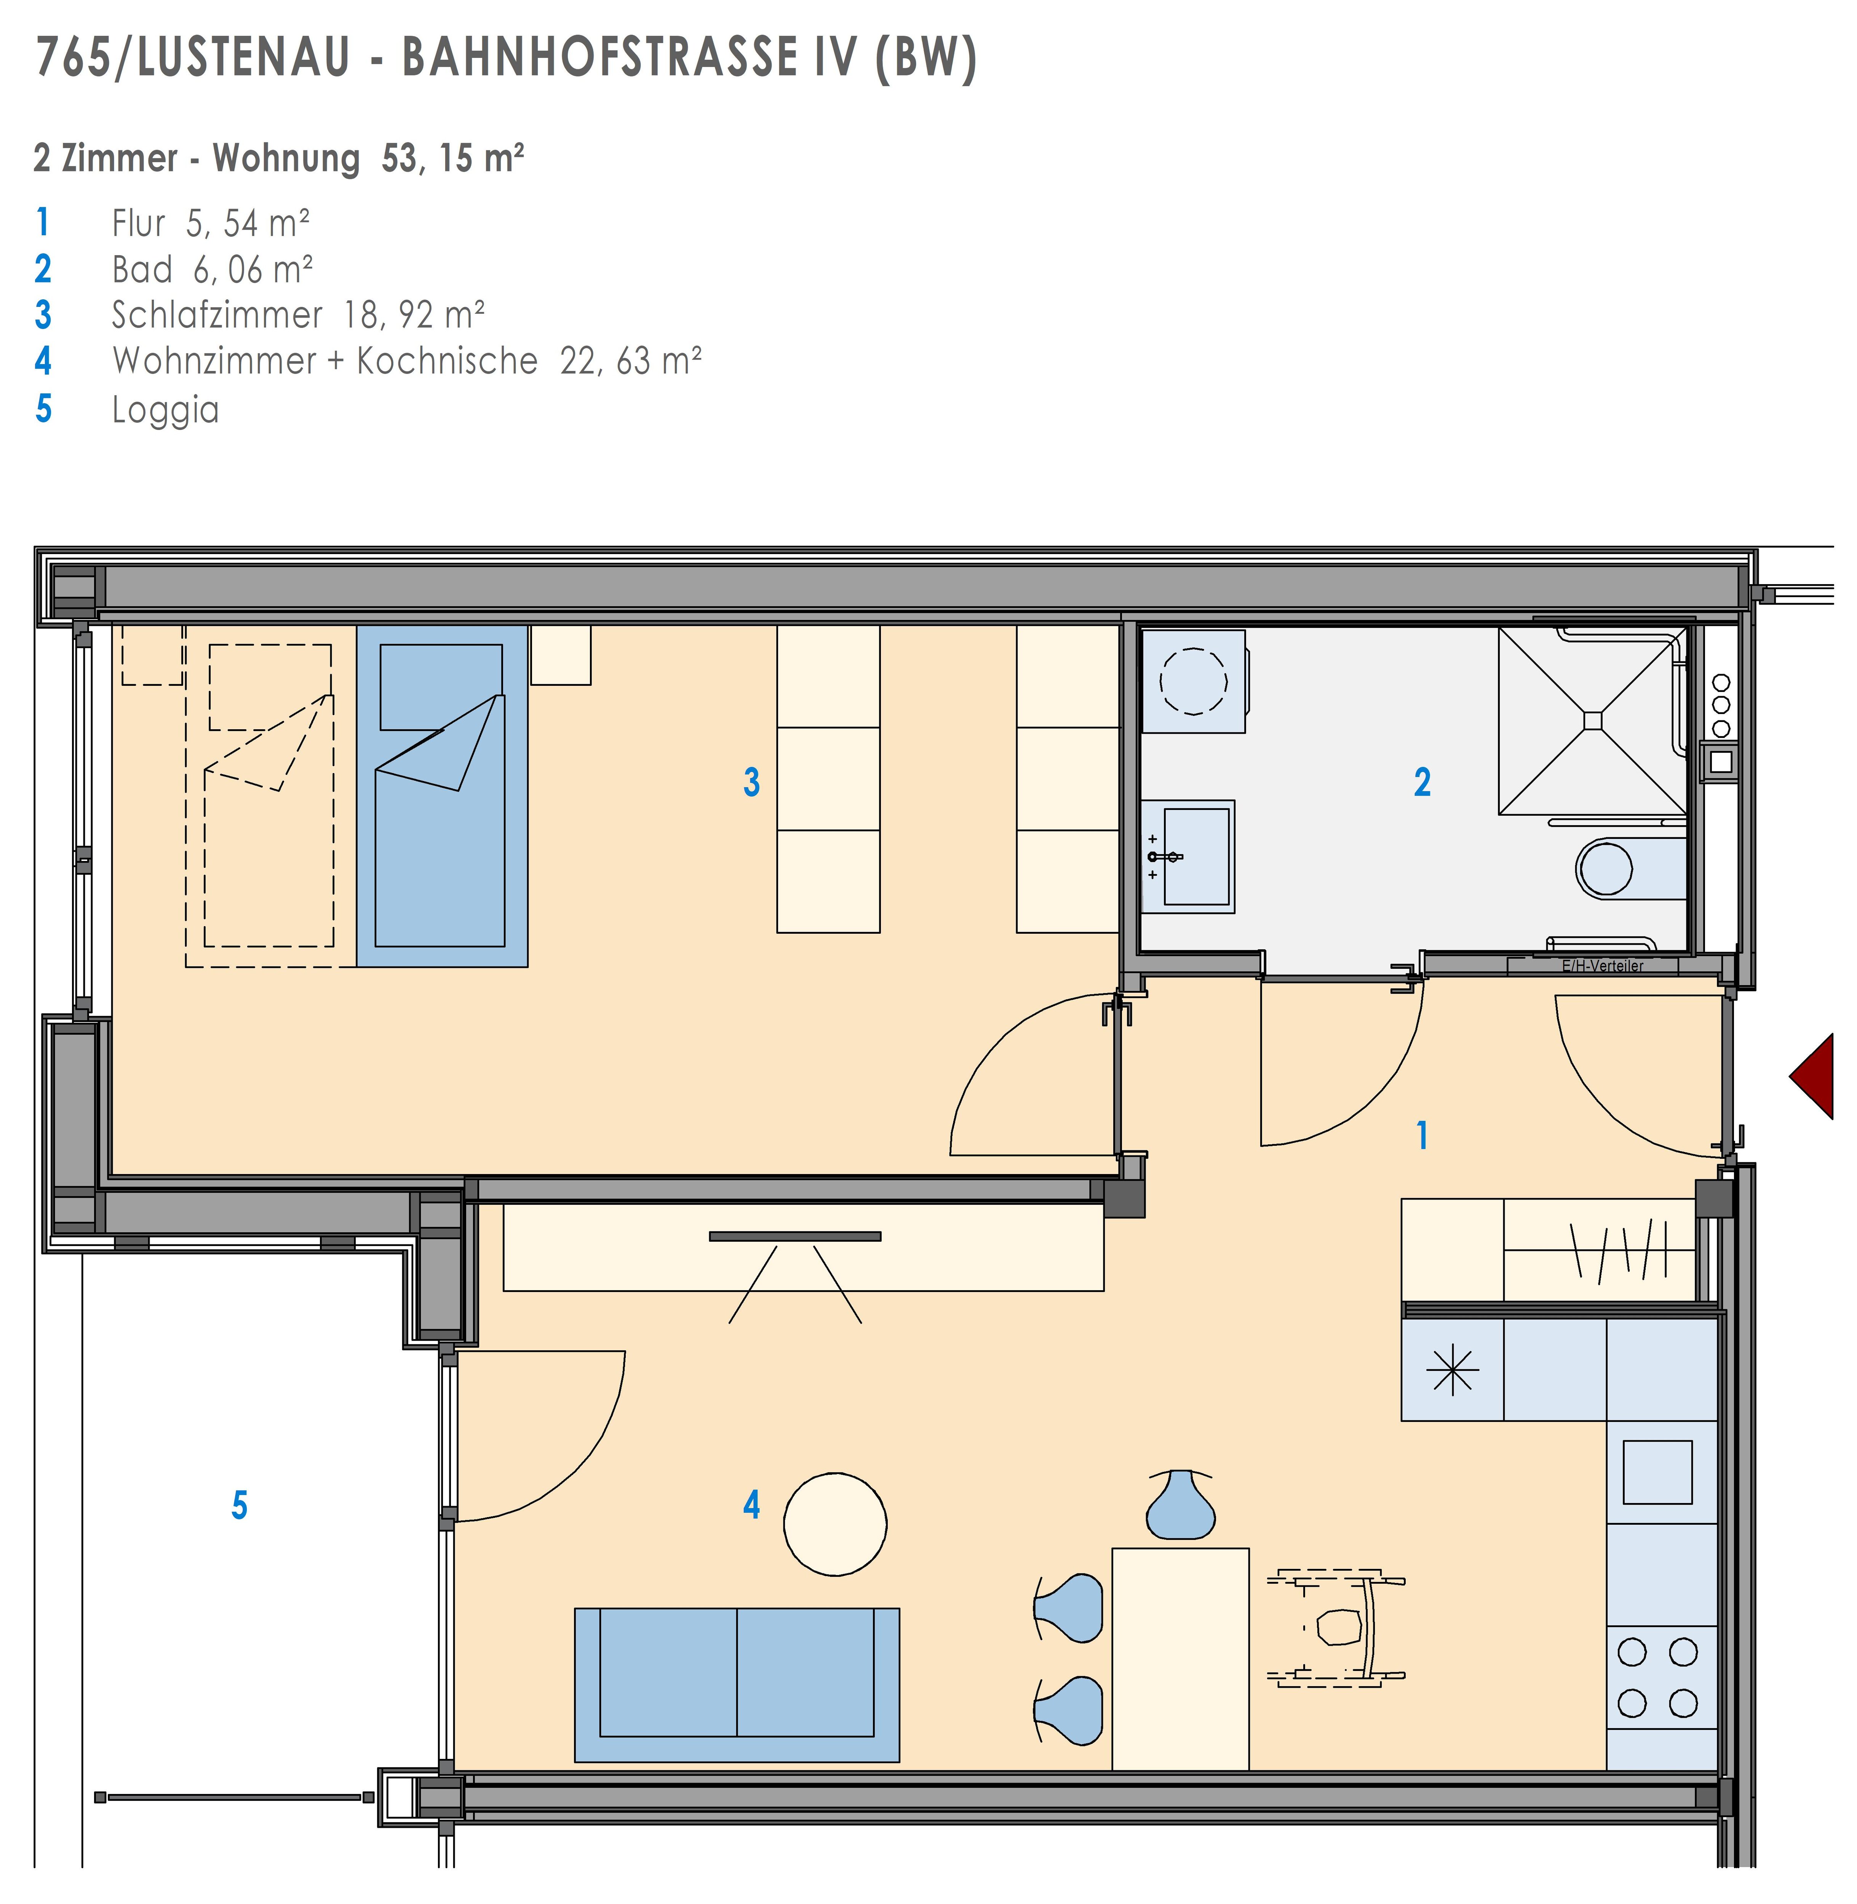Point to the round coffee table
(835, 1524)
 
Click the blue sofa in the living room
(736, 1685)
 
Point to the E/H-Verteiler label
(1603, 966)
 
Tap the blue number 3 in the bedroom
(751, 782)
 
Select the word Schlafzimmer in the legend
(217, 315)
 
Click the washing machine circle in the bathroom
(1194, 681)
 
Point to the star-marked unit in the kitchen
(1452, 1370)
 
